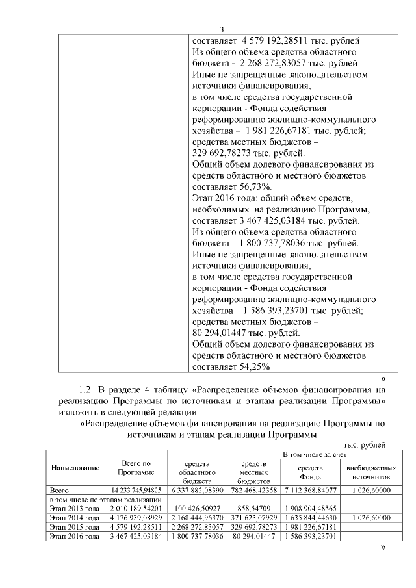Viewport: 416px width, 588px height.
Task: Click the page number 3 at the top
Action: (x=222, y=29)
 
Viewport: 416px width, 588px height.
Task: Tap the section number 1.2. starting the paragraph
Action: (x=87, y=390)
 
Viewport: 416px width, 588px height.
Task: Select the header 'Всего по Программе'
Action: (x=136, y=468)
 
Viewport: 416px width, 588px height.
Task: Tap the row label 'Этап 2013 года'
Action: (x=75, y=507)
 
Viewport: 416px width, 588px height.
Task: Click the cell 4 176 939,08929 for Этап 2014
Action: (x=136, y=517)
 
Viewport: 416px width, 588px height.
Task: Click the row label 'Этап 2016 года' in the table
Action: (x=75, y=536)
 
